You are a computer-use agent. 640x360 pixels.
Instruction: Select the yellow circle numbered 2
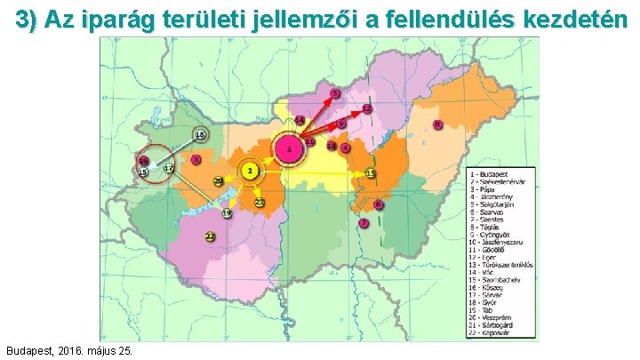coord(252,170)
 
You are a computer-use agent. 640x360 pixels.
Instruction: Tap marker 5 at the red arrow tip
coord(335,93)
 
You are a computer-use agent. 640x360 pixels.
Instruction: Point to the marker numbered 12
coord(366,108)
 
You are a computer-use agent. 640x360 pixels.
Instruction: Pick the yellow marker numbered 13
coord(370,172)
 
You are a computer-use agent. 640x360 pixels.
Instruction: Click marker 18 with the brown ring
coord(200,135)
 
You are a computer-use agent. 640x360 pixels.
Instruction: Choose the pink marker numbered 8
coord(437,124)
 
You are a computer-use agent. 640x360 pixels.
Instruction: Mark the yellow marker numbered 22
coord(210,236)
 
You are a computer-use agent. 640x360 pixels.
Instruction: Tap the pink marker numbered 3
coord(196,159)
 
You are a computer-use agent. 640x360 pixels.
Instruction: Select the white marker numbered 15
coord(142,172)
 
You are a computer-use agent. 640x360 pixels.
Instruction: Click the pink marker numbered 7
coord(364,223)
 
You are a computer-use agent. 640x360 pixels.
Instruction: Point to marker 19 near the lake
coord(228,213)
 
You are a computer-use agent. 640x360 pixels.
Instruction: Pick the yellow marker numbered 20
coord(219,181)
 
